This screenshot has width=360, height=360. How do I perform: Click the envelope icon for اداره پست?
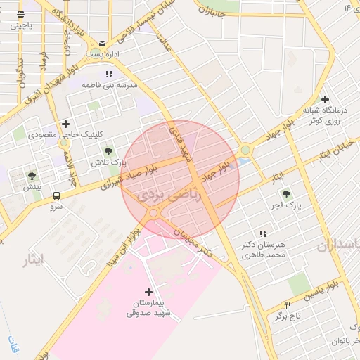point(103,43)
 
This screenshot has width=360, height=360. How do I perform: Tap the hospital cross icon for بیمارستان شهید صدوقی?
point(148,291)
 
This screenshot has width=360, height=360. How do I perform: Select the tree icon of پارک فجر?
point(285,194)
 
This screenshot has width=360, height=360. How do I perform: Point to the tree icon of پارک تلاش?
point(109,150)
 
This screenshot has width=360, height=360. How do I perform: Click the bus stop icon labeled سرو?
point(56,197)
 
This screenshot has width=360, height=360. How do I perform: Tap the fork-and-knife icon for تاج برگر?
point(287,305)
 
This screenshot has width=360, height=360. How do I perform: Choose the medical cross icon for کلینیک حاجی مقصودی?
point(66,124)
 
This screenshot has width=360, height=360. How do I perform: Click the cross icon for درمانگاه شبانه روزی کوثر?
point(325,99)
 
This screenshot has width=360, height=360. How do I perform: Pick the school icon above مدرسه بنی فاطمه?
point(108,73)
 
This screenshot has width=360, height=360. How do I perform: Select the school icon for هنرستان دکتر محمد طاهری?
point(263,233)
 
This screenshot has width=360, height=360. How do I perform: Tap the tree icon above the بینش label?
point(32,176)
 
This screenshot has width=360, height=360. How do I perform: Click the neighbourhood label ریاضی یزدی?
point(171,195)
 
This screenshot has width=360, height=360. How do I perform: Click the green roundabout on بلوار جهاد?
point(245,150)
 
